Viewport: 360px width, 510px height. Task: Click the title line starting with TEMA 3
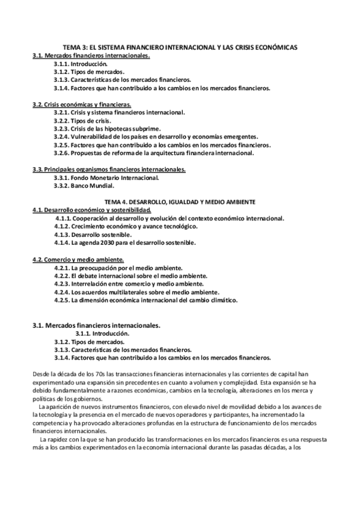(181, 47)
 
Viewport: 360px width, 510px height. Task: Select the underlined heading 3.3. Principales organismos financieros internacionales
(109, 169)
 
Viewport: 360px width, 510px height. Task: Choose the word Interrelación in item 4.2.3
(90, 283)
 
